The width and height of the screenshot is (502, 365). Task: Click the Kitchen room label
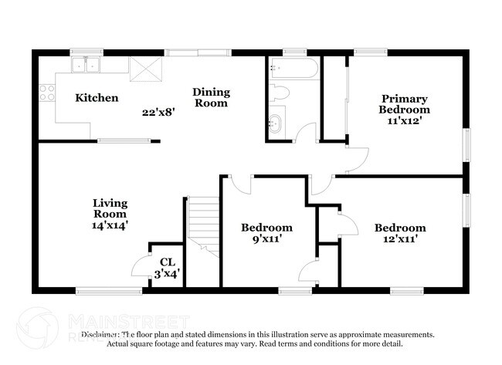97,98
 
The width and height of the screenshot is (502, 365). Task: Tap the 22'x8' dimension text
158,112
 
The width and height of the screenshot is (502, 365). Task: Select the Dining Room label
211,97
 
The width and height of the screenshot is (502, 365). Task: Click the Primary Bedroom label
403,104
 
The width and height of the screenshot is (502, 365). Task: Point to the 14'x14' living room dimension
109,225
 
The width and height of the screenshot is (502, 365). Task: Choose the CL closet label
167,262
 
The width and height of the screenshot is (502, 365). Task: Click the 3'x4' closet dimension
167,272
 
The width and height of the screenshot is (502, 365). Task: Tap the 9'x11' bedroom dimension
266,239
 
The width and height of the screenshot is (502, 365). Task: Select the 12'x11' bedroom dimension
400,239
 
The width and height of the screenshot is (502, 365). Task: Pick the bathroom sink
276,122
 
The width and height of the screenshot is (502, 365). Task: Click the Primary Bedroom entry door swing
354,159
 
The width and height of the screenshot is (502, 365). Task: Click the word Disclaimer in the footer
101,335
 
